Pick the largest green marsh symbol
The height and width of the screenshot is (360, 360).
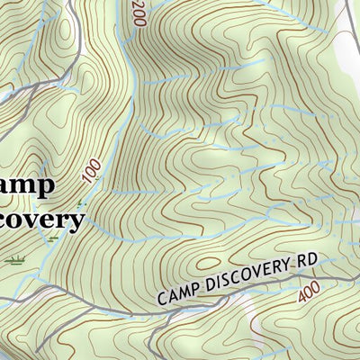coord(15,260)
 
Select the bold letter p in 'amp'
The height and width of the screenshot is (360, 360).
coord(45,187)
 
